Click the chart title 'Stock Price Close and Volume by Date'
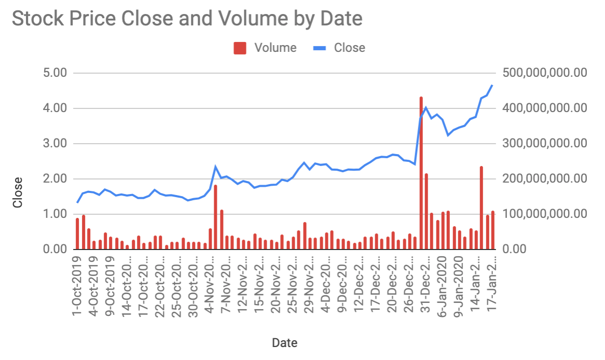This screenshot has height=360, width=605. (x=187, y=19)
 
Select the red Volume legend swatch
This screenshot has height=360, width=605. (x=239, y=48)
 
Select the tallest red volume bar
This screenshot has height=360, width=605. (x=421, y=173)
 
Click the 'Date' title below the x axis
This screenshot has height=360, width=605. (x=284, y=343)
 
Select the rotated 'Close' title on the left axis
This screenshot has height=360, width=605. (x=18, y=192)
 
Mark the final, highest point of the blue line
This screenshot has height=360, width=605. (x=492, y=85)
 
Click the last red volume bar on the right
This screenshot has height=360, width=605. (x=493, y=230)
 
